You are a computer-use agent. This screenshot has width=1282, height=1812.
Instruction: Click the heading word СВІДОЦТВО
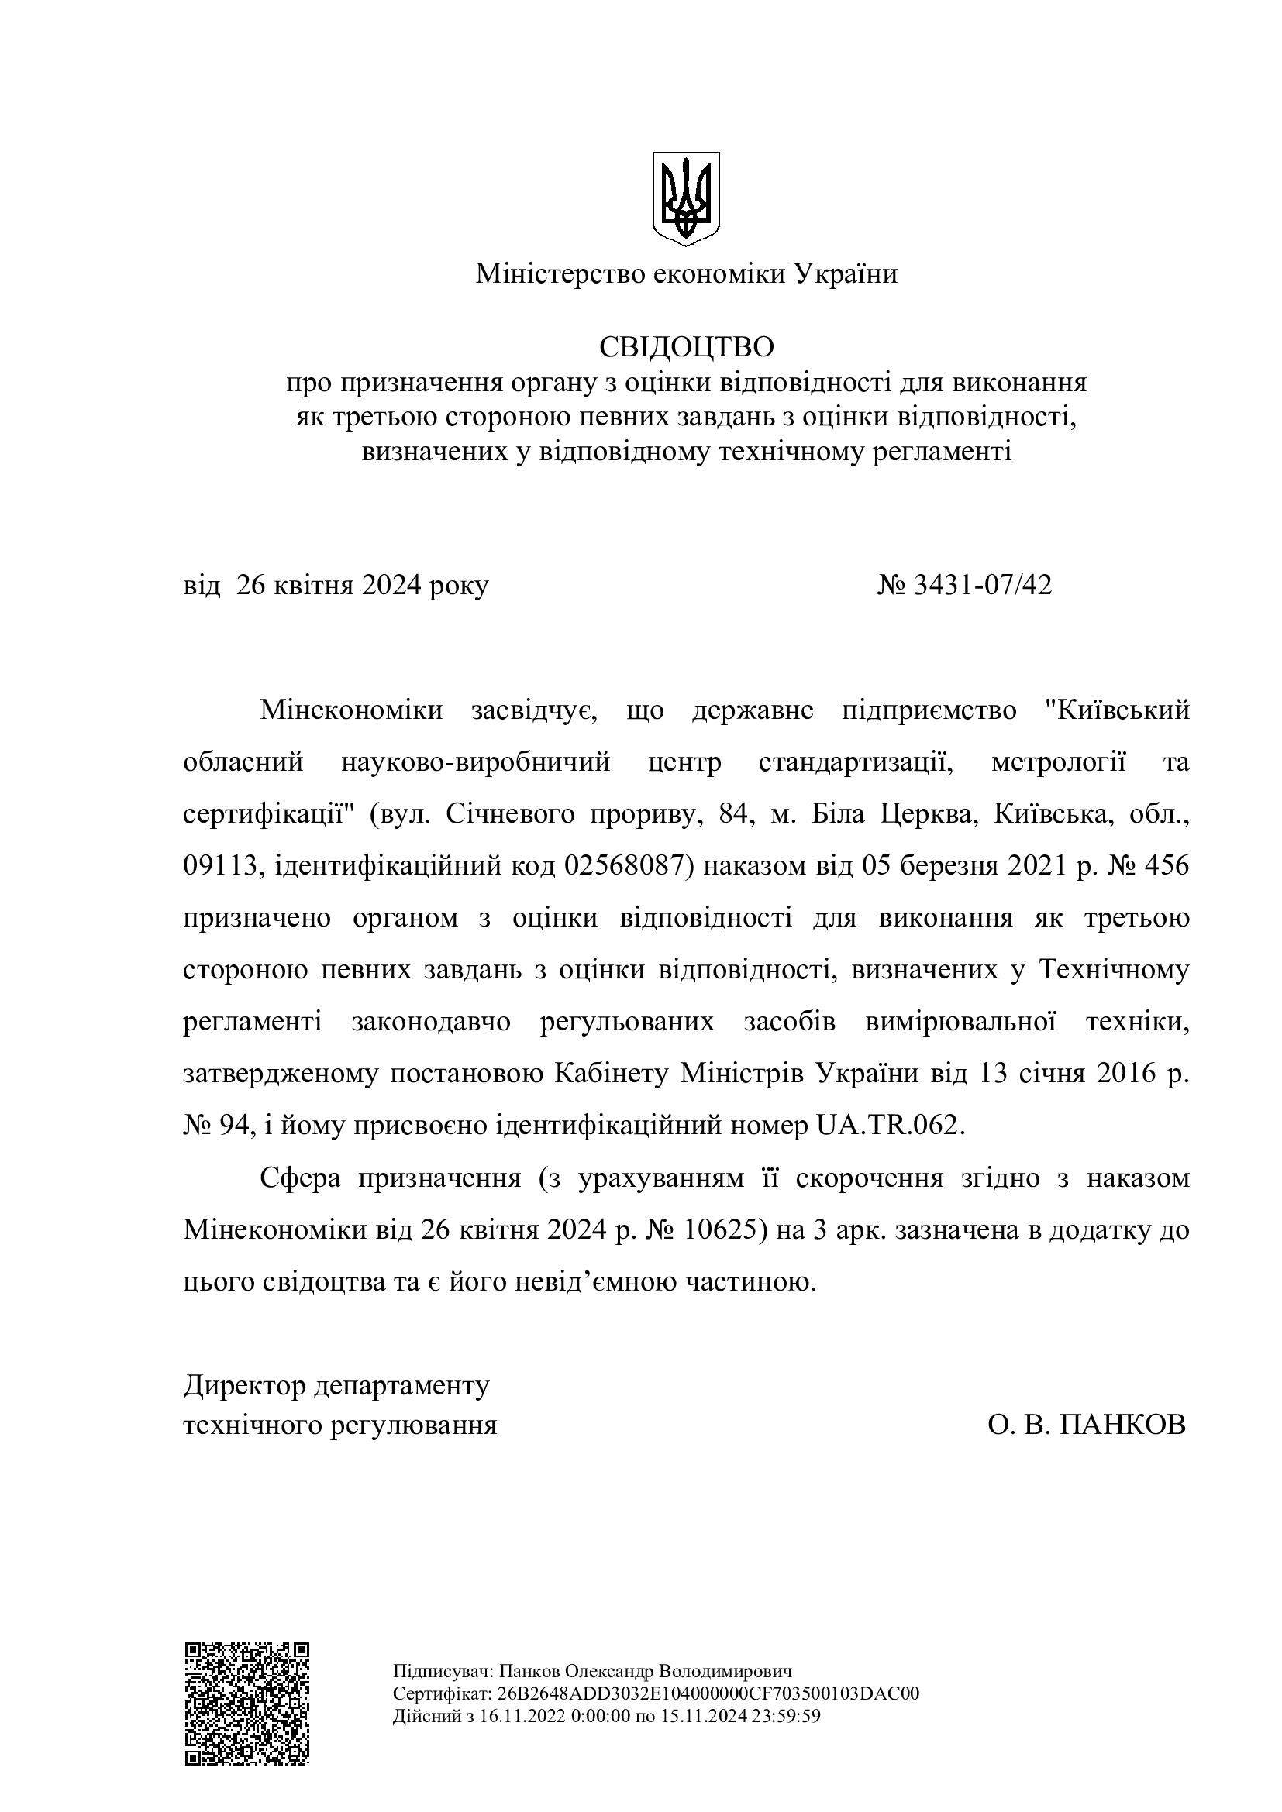[x=686, y=346]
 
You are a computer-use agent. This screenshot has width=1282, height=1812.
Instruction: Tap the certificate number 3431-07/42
[x=982, y=585]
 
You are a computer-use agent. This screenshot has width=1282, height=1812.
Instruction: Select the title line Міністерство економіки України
[x=686, y=275]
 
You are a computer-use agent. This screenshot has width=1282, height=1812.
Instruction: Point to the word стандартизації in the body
[x=851, y=762]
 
